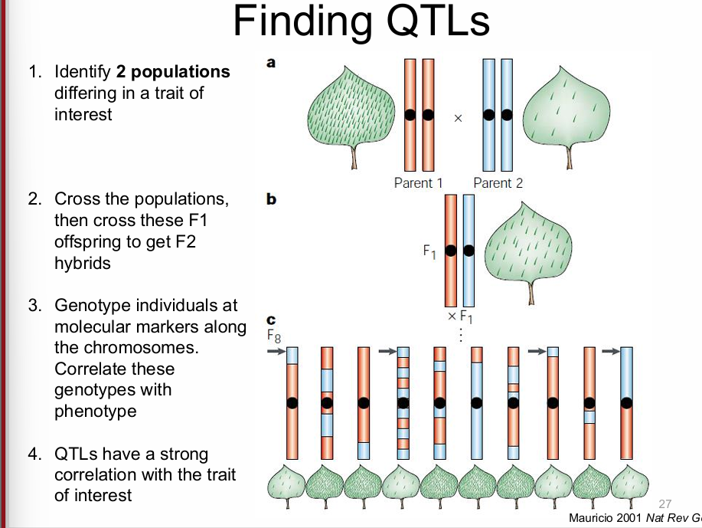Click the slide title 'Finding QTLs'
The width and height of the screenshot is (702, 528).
click(x=361, y=22)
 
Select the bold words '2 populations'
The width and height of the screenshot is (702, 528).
click(x=172, y=72)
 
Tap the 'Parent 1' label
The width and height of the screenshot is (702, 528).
click(x=418, y=182)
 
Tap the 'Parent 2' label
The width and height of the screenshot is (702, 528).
click(x=498, y=182)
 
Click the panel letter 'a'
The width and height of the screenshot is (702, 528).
click(x=271, y=64)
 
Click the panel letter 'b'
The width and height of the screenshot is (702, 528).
click(x=271, y=199)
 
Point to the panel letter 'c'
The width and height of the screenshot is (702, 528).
click(x=269, y=320)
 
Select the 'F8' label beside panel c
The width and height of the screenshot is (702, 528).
click(x=273, y=335)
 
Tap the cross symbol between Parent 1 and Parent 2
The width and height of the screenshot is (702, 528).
click(x=458, y=119)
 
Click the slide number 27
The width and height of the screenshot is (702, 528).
click(x=664, y=503)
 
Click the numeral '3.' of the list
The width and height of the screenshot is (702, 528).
click(x=35, y=306)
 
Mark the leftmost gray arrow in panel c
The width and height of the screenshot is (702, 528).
click(x=275, y=351)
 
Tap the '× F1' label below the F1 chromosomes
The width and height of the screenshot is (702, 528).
click(x=461, y=318)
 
